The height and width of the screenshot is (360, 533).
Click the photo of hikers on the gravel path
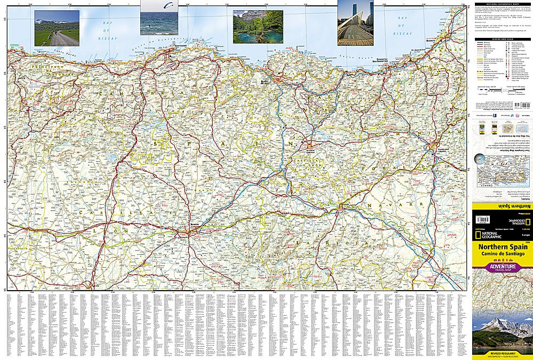[56, 28]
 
